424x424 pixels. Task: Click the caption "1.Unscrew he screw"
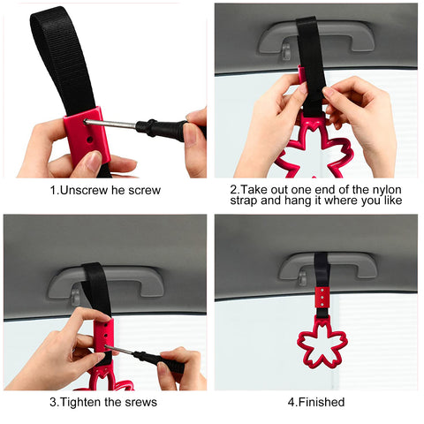pyautogui.click(x=107, y=188)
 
